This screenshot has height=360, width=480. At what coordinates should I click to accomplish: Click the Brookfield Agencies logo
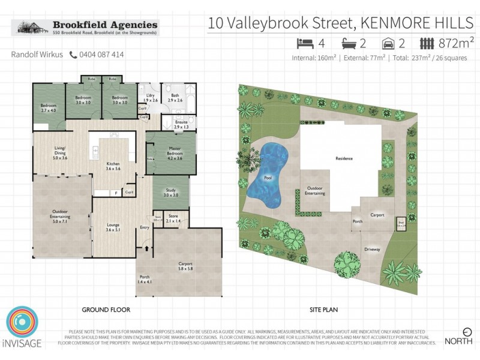coord(86,28)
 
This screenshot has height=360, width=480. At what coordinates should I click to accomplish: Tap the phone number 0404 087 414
coord(101,55)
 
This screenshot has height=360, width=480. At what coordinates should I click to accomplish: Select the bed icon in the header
coord(304,44)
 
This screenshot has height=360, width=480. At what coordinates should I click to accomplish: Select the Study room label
coord(171,193)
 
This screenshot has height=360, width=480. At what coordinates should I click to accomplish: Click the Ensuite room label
coord(181,125)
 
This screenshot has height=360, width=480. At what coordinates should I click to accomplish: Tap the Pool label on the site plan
coord(268,178)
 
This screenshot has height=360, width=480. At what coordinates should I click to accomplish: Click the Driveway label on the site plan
coord(371,249)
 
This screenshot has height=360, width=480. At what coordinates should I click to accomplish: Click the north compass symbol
coord(467,331)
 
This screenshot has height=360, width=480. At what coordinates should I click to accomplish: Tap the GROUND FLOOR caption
coord(106,310)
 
